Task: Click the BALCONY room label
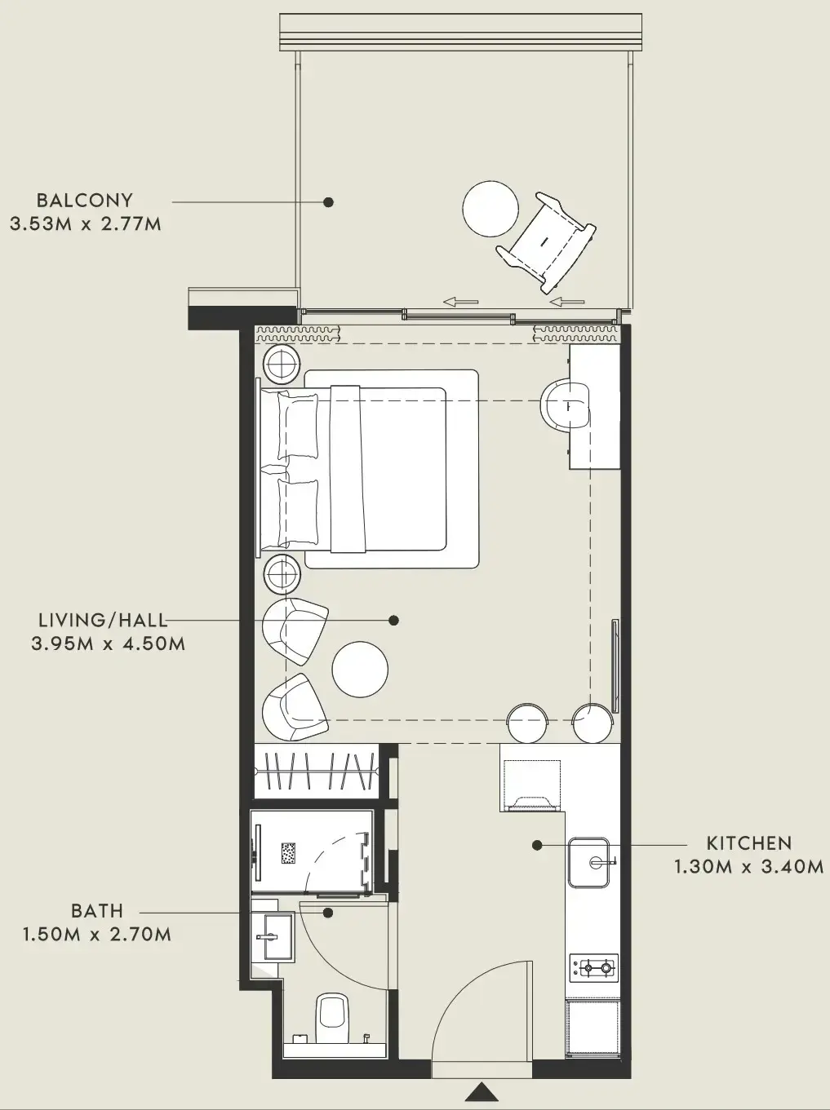(84, 200)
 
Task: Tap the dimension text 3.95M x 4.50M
(109, 643)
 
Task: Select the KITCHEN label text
(748, 843)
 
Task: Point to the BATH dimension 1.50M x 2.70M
(97, 935)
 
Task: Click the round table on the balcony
(490, 209)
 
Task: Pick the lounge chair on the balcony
(549, 241)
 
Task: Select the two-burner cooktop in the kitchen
(593, 969)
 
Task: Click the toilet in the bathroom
(331, 1011)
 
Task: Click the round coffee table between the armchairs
(360, 669)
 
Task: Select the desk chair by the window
(563, 405)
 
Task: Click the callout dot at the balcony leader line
(328, 201)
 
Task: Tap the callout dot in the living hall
(393, 621)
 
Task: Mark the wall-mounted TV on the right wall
(615, 666)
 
